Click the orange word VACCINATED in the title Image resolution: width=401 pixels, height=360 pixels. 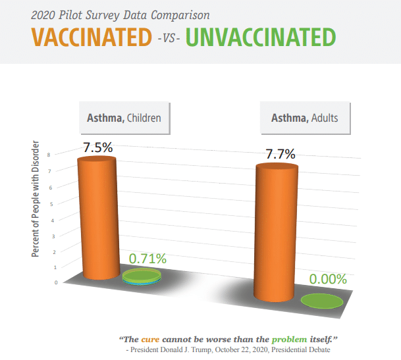pos(92,38)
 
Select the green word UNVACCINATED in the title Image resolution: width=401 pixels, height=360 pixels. pos(261,38)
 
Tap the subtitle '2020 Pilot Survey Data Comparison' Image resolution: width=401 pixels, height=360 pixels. pos(120,15)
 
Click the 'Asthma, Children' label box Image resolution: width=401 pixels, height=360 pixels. pos(124,118)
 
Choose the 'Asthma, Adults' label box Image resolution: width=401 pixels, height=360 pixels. pos(305,118)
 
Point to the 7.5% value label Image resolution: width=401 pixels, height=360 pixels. pos(97,147)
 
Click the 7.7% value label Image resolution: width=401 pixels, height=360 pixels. pos(281,154)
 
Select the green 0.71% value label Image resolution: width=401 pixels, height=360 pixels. pos(147,259)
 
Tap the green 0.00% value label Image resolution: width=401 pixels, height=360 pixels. pos(328,279)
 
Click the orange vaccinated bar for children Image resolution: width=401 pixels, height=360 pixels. pos(99,218)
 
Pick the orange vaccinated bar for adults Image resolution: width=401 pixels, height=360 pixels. pos(276,232)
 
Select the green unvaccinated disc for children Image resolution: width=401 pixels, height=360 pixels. pos(142,276)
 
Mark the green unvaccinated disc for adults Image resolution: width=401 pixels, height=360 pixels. pos(322,301)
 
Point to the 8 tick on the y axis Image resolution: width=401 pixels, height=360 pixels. pos(49,155)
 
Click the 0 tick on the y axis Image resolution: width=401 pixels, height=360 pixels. pos(56,282)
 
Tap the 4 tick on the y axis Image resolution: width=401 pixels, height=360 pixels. pos(53,220)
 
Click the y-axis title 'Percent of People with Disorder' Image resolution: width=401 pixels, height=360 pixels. pos(36,199)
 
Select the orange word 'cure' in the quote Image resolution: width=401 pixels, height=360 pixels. pos(150,340)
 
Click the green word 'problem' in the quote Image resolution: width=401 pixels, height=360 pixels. pos(289,340)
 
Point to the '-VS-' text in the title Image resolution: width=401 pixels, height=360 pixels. pos(169,39)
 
